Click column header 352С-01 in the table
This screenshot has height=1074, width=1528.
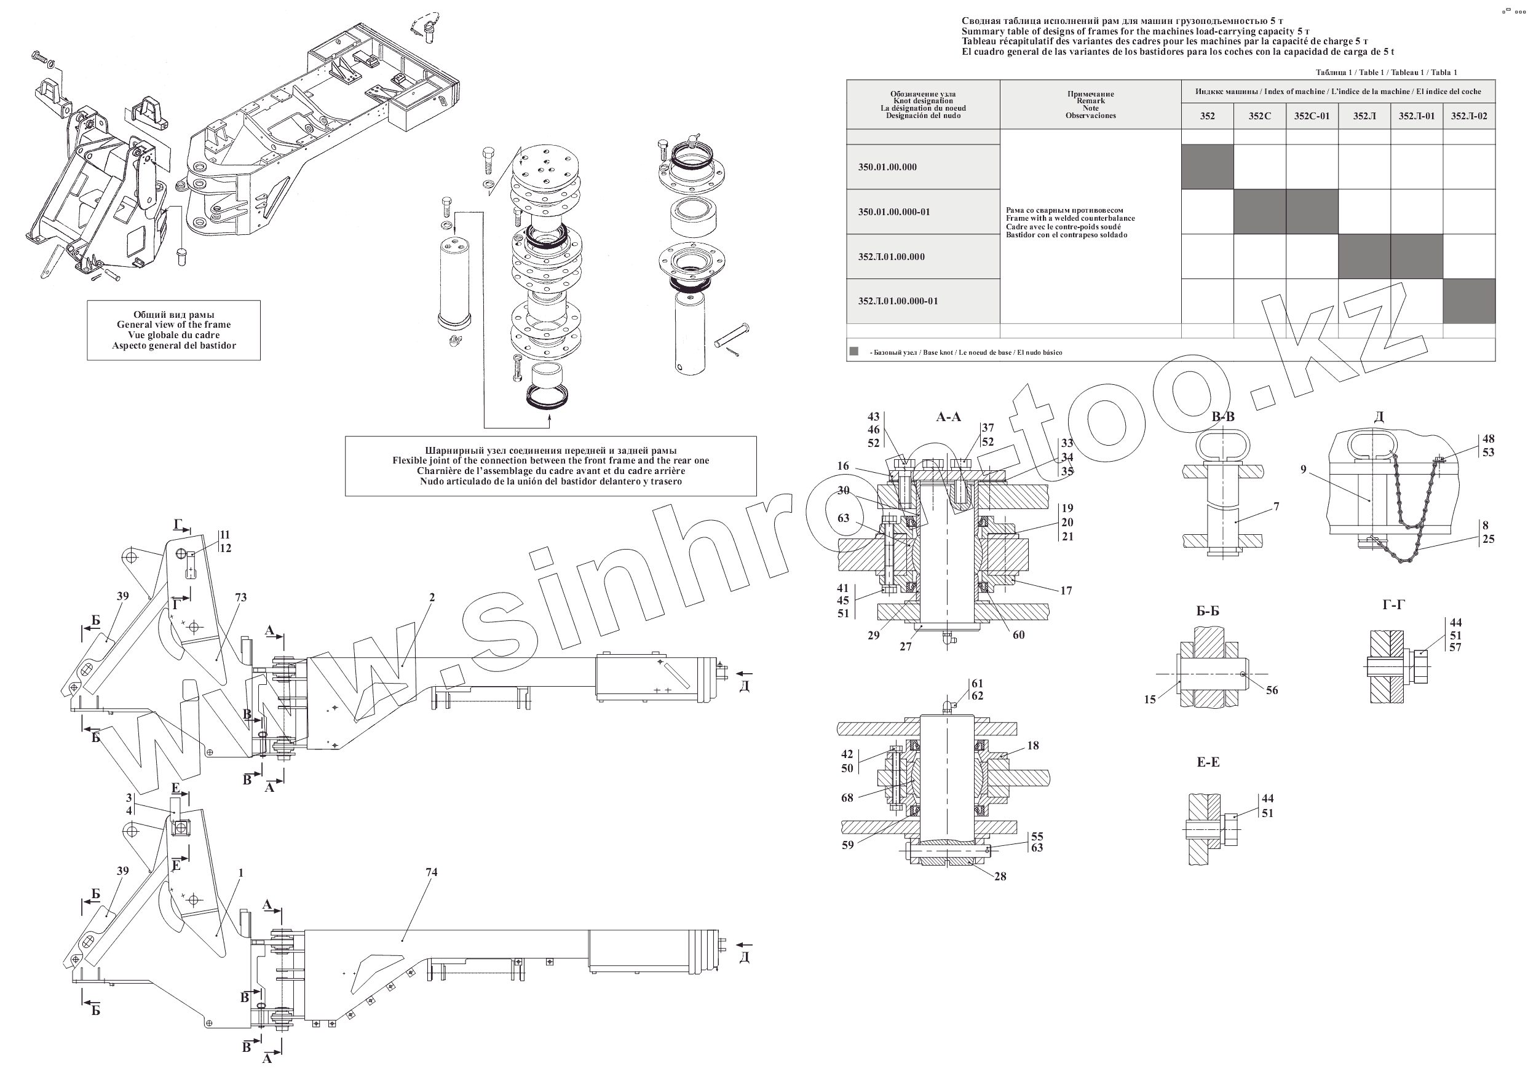1311,116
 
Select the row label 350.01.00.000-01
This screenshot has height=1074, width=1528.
894,211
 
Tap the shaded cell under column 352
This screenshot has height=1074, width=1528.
1207,167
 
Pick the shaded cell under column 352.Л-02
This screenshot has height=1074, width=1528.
1469,301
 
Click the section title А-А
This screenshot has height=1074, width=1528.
948,417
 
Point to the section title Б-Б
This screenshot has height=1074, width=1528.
1207,611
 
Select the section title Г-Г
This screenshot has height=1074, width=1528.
1393,605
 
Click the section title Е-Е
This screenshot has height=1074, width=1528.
1208,762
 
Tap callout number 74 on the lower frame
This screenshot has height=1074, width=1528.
431,872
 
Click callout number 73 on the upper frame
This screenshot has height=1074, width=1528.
241,597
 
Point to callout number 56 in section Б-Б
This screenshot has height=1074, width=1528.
1272,690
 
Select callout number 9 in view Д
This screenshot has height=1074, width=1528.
1304,470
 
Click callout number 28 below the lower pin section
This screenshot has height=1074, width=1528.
1000,877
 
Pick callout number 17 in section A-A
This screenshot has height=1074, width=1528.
1066,590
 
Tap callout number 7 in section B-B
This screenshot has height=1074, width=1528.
1277,507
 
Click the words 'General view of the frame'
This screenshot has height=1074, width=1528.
173,325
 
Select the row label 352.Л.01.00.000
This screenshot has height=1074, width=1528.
891,257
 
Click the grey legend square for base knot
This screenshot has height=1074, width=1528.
854,352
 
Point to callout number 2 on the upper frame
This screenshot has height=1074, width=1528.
432,597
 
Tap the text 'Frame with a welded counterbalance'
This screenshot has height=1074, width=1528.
1070,218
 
